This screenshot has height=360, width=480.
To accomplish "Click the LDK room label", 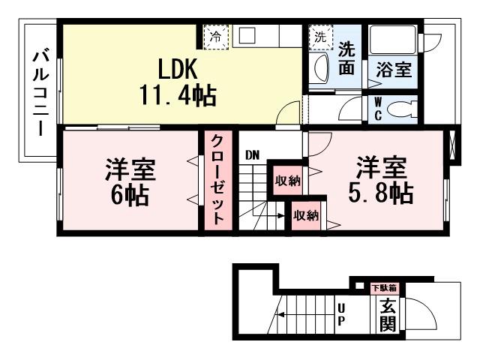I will [x=176, y=70].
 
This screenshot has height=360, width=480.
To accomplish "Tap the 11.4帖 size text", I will [x=177, y=95].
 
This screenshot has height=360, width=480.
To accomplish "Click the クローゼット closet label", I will [x=216, y=181].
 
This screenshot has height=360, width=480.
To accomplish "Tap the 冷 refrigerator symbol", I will [x=216, y=36].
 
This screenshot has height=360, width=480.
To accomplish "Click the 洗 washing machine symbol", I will [x=320, y=36].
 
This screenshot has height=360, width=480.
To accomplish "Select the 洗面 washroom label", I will [x=346, y=58].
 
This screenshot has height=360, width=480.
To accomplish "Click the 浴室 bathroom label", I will [x=393, y=70].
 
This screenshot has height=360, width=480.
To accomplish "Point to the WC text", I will [x=377, y=109].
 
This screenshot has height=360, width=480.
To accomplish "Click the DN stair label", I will [x=252, y=156].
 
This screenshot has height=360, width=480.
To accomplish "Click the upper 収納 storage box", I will [x=287, y=180].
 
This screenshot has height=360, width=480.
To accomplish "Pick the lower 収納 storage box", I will [x=305, y=215].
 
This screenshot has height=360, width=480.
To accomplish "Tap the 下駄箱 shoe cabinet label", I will [x=385, y=287].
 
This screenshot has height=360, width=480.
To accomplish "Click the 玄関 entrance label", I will [x=387, y=314].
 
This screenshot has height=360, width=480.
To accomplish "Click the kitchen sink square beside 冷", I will [x=248, y=35].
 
